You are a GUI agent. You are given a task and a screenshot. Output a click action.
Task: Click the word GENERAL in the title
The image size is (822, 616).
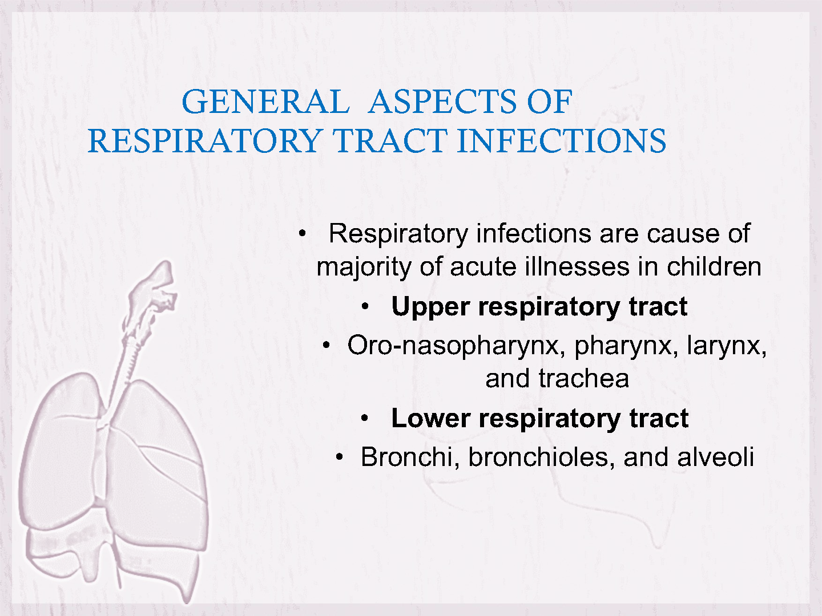265,102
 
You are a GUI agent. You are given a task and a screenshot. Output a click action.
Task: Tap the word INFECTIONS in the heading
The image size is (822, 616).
561,141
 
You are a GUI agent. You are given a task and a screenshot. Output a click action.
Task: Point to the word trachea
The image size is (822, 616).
583,378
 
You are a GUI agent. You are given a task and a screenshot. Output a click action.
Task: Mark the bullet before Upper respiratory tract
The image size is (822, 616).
365,307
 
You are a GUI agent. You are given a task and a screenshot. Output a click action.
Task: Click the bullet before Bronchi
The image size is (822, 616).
339,457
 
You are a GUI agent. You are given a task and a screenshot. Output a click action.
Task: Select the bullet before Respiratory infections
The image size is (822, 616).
303,234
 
